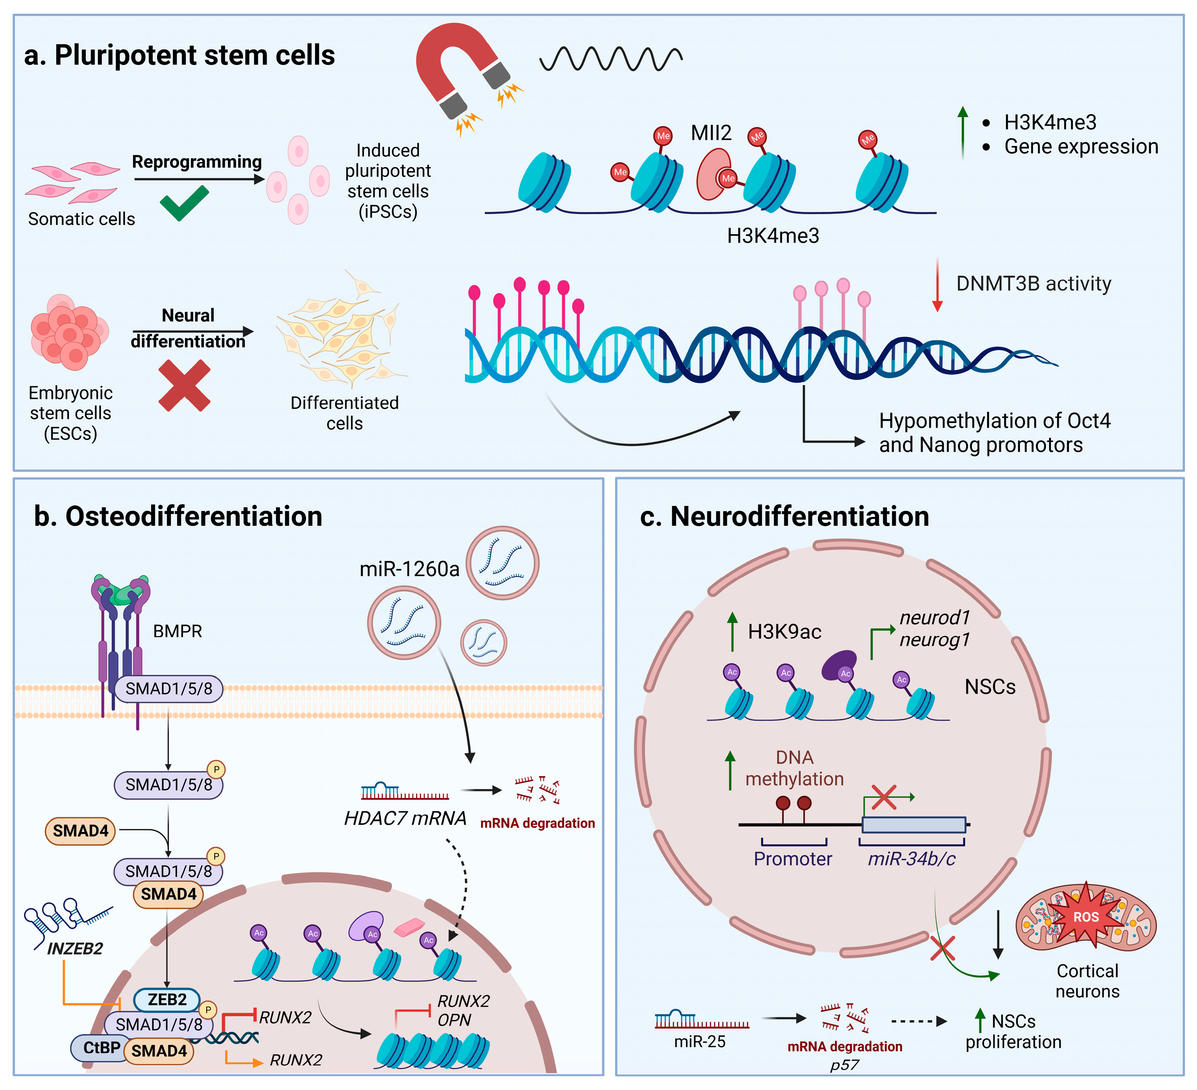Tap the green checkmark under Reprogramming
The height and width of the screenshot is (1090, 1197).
(184, 203)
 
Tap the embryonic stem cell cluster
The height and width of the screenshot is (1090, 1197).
(69, 332)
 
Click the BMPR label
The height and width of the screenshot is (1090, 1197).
(178, 631)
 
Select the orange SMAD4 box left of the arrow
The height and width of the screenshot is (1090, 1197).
(81, 830)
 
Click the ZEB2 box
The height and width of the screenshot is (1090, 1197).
(167, 1000)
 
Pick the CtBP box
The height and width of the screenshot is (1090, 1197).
(101, 1048)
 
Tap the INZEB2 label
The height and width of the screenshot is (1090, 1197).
(75, 949)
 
